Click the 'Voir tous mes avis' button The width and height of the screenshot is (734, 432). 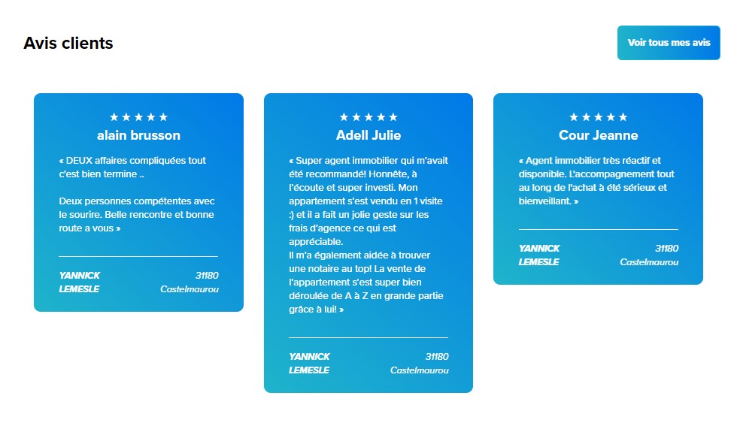pyautogui.click(x=669, y=43)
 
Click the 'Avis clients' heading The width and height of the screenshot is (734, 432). pyautogui.click(x=68, y=43)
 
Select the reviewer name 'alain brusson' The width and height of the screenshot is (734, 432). pyautogui.click(x=138, y=135)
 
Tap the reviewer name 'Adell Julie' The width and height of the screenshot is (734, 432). pyautogui.click(x=369, y=135)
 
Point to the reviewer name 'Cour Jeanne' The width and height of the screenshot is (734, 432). pyautogui.click(x=598, y=135)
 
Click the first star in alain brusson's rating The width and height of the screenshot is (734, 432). pyautogui.click(x=114, y=117)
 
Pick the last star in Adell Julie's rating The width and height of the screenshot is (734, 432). pyautogui.click(x=393, y=117)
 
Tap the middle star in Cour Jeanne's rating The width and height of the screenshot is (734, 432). pyautogui.click(x=598, y=117)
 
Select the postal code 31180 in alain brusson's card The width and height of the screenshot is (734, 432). pyautogui.click(x=207, y=276)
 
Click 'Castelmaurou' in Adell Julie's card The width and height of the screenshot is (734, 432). pyautogui.click(x=420, y=370)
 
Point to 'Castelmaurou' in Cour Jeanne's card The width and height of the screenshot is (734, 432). pyautogui.click(x=649, y=262)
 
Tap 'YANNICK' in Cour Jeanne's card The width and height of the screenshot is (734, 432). pyautogui.click(x=539, y=249)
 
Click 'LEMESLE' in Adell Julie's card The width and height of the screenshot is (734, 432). pyautogui.click(x=309, y=370)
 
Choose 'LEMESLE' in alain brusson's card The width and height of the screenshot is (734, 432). pyautogui.click(x=79, y=289)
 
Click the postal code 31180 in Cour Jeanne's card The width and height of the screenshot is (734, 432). pyautogui.click(x=666, y=249)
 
